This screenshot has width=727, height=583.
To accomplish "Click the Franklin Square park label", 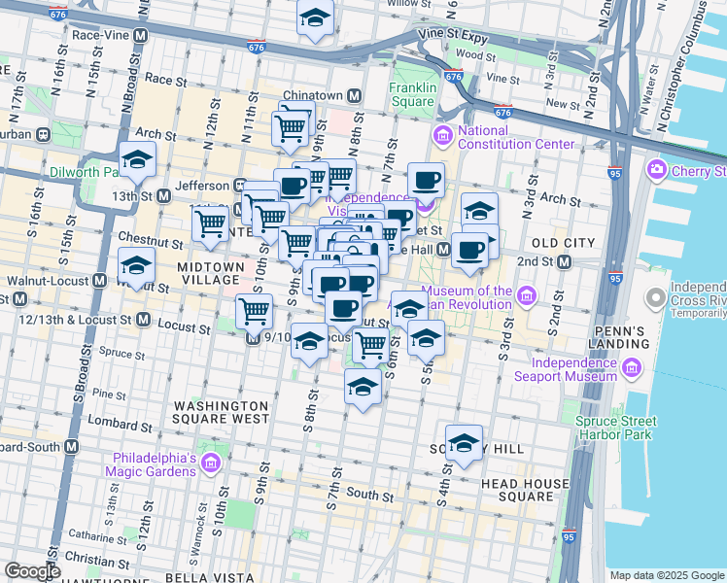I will (411, 93).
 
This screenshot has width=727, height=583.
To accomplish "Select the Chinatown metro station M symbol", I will (355, 95).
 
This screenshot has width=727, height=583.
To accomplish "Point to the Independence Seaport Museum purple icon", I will (632, 368).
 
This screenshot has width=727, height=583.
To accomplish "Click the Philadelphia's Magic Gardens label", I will (169, 464).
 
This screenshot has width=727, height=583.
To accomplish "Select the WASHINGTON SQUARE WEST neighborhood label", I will (220, 412).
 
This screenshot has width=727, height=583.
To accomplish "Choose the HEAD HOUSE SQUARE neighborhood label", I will (527, 491).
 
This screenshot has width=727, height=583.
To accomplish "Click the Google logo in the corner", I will (32, 571).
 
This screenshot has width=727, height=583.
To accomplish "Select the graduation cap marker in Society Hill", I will (464, 443).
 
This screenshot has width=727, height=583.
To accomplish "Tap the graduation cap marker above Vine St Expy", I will (315, 18).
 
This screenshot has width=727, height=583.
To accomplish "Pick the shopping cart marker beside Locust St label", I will (254, 312).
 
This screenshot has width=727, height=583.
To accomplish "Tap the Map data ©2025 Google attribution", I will (666, 575).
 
